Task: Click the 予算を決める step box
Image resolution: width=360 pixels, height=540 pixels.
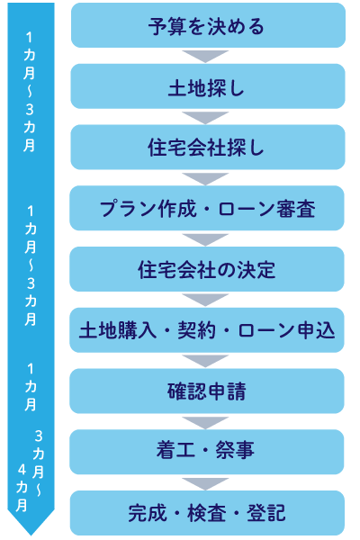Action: click(208, 25)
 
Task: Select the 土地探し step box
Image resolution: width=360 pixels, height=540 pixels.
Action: click(208, 86)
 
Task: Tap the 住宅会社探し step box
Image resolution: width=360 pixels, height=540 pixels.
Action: click(208, 148)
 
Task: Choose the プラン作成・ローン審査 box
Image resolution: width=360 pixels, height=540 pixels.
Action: click(207, 209)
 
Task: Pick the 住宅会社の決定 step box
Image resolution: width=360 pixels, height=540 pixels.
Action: click(207, 269)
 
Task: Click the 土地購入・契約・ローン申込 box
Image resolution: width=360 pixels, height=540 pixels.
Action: click(207, 330)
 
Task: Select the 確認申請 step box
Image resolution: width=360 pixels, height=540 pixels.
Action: click(207, 391)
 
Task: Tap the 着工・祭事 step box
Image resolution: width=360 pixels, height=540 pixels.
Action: click(207, 452)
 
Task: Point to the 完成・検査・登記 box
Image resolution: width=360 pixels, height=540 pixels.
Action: click(207, 513)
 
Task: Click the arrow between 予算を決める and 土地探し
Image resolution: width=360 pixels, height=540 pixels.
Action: click(205, 56)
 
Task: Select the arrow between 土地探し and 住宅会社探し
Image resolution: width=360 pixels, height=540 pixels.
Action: click(205, 117)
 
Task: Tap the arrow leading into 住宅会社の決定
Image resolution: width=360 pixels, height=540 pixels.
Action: click(205, 239)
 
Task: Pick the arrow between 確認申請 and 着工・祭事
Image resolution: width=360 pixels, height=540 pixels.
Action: click(205, 422)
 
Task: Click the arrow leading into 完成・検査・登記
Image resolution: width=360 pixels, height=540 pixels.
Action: click(205, 483)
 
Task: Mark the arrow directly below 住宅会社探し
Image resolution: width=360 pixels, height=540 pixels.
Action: click(205, 178)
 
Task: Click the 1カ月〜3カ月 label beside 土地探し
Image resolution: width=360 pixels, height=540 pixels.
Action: click(30, 92)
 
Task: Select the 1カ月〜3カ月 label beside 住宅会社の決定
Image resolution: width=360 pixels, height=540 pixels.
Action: click(31, 265)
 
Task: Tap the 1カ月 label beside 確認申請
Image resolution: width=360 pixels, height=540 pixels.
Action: click(31, 387)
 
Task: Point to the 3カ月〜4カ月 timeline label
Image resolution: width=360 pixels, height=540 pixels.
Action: click(31, 471)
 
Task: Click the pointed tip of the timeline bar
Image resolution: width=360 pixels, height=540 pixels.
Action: click(31, 535)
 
